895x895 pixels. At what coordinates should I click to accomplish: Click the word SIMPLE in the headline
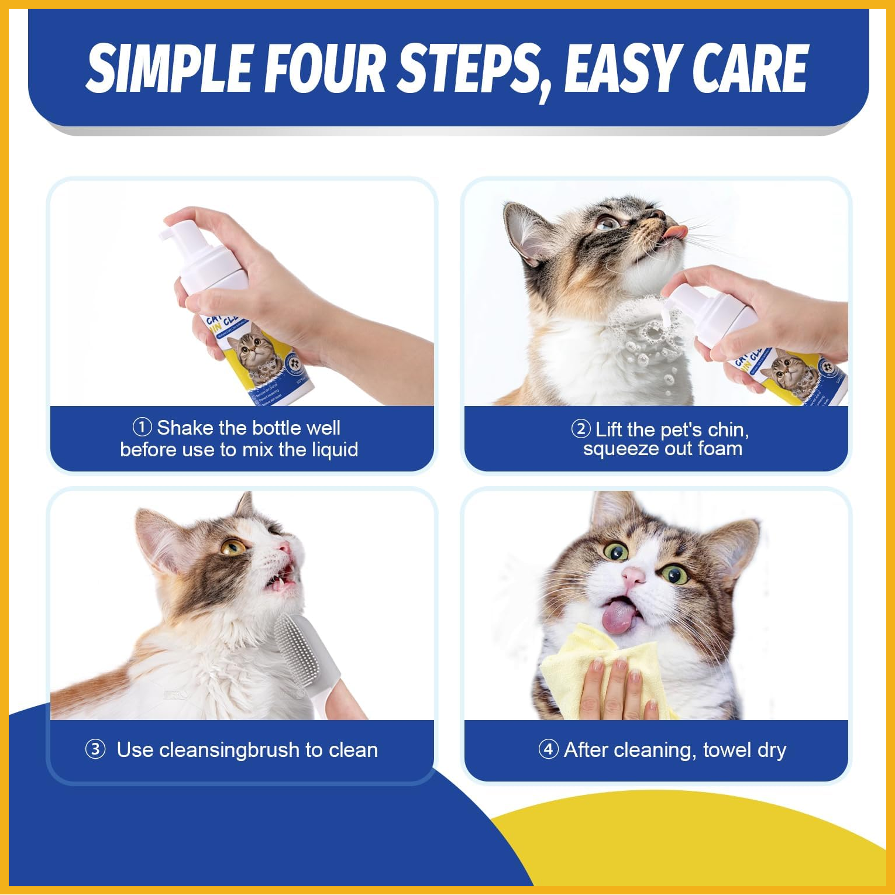[170, 68]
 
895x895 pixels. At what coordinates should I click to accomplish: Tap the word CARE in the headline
[750, 68]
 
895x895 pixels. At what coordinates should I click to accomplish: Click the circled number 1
[142, 427]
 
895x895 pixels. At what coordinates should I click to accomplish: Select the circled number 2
[580, 429]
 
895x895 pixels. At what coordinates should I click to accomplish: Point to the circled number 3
[95, 749]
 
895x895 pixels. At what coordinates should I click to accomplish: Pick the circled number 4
[548, 749]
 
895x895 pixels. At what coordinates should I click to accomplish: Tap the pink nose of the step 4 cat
[633, 576]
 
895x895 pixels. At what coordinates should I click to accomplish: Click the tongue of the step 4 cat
[619, 617]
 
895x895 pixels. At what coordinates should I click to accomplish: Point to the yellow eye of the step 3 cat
[233, 547]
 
